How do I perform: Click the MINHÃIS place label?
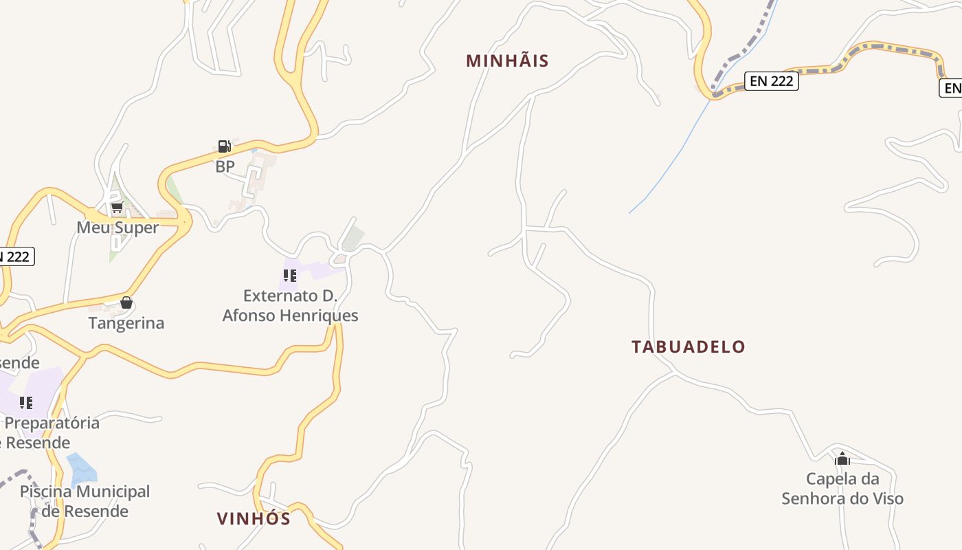tap(507, 60)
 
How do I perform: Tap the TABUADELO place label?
tap(688, 346)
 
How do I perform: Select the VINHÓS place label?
tap(254, 518)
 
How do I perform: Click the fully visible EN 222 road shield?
tap(771, 81)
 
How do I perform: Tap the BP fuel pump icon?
tap(224, 146)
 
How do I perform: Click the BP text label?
tap(225, 166)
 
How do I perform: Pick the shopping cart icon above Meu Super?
tap(117, 207)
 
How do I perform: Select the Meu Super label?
tap(118, 228)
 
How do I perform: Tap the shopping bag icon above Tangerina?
tap(126, 302)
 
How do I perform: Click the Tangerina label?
tap(126, 323)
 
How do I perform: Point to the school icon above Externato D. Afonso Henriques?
tap(290, 276)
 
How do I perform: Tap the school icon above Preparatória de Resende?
tap(26, 402)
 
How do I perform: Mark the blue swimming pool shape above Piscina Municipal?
tap(82, 470)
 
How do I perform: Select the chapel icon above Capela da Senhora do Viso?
tap(842, 459)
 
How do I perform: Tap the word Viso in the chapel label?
tap(886, 498)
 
